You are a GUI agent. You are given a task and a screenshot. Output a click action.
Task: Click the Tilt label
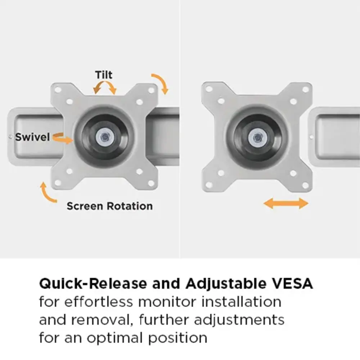tap(104, 75)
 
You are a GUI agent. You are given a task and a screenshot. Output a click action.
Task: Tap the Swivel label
tap(32, 137)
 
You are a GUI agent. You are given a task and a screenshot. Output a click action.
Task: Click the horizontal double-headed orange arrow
tap(286, 203)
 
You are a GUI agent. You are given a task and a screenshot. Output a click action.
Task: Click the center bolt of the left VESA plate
tap(105, 138)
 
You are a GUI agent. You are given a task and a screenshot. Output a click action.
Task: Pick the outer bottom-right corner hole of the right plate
tap(306, 185)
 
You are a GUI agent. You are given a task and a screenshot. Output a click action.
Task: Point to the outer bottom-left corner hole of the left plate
tap(58, 183)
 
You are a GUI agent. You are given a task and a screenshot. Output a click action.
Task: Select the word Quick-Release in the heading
tap(93, 284)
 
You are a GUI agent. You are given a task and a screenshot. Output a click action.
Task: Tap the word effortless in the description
tap(99, 302)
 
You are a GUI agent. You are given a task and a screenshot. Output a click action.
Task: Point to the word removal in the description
tap(102, 320)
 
